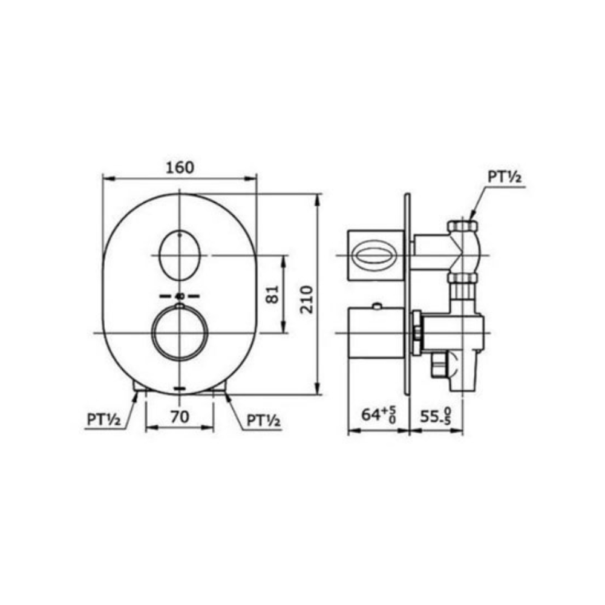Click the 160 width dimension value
pos(180,168)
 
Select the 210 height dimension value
pos(307,299)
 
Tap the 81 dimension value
pos(273,295)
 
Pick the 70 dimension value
pos(180,417)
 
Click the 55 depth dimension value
pos(435,416)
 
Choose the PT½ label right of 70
pos(264,420)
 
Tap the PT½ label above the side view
pos(505,177)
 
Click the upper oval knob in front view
pos(180,255)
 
